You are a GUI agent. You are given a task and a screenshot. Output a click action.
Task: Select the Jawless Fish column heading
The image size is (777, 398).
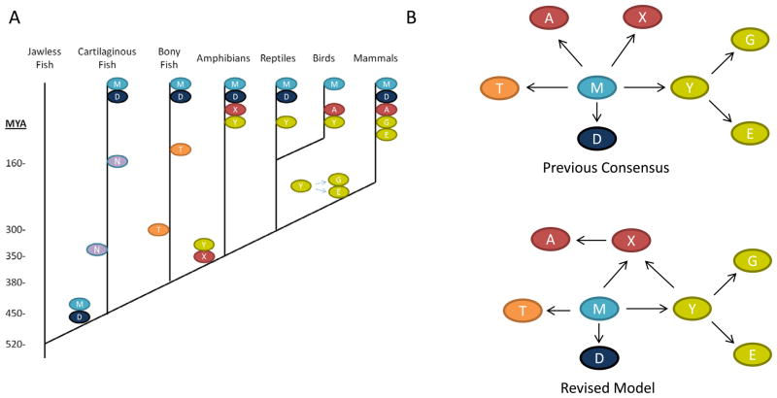[45, 57]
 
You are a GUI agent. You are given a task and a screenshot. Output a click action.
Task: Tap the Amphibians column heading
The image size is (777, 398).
[224, 58]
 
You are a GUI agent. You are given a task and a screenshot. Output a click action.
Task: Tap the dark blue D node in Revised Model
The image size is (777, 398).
[600, 357]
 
